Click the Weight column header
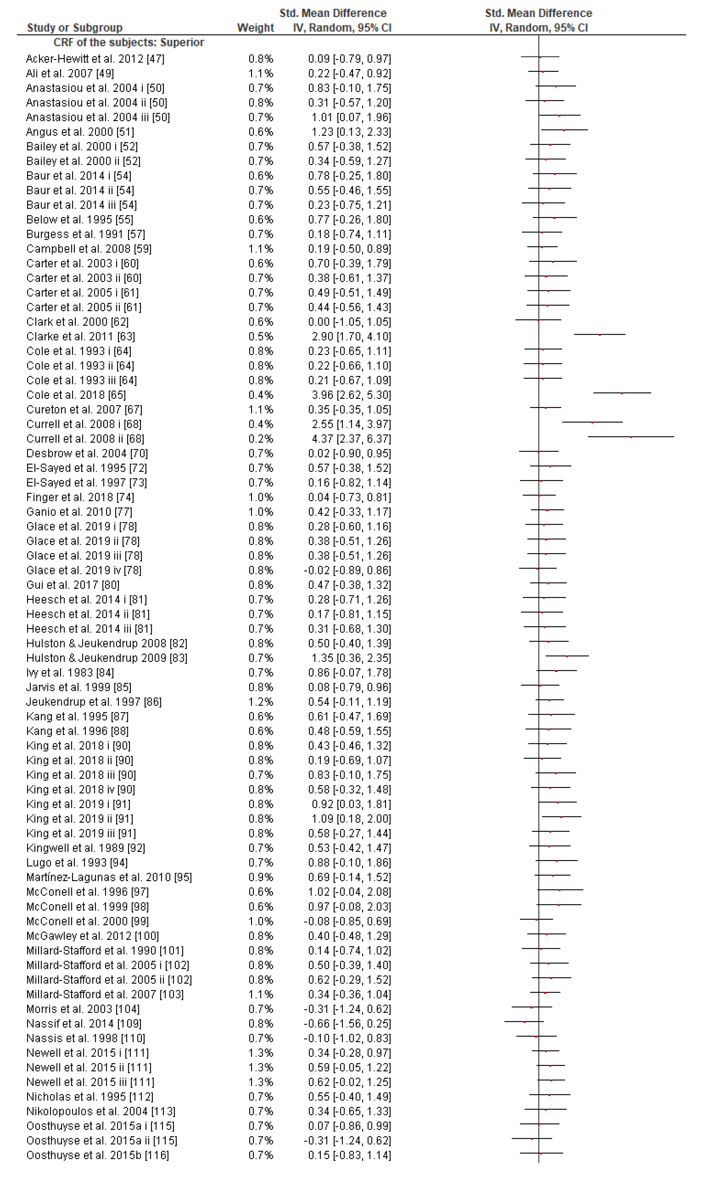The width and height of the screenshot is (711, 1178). pos(255,28)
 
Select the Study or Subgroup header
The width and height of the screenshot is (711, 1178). pos(75,28)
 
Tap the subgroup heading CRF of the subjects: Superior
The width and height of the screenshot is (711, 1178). pos(129,43)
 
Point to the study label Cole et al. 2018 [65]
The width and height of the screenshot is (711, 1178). pos(76,395)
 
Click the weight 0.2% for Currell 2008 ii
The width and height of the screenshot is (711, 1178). pos(261,439)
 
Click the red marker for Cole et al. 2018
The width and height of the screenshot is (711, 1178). pos(622,393)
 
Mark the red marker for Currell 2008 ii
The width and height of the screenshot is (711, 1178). pos(631,437)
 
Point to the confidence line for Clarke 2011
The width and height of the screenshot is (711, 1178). pos(600,335)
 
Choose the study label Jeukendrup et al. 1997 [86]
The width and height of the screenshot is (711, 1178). pos(94,702)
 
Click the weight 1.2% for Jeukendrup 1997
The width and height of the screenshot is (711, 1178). pos(261,702)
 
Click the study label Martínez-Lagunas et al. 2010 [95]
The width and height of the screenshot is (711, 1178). pos(109,877)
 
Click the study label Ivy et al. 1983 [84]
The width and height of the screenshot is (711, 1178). pos(70,673)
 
